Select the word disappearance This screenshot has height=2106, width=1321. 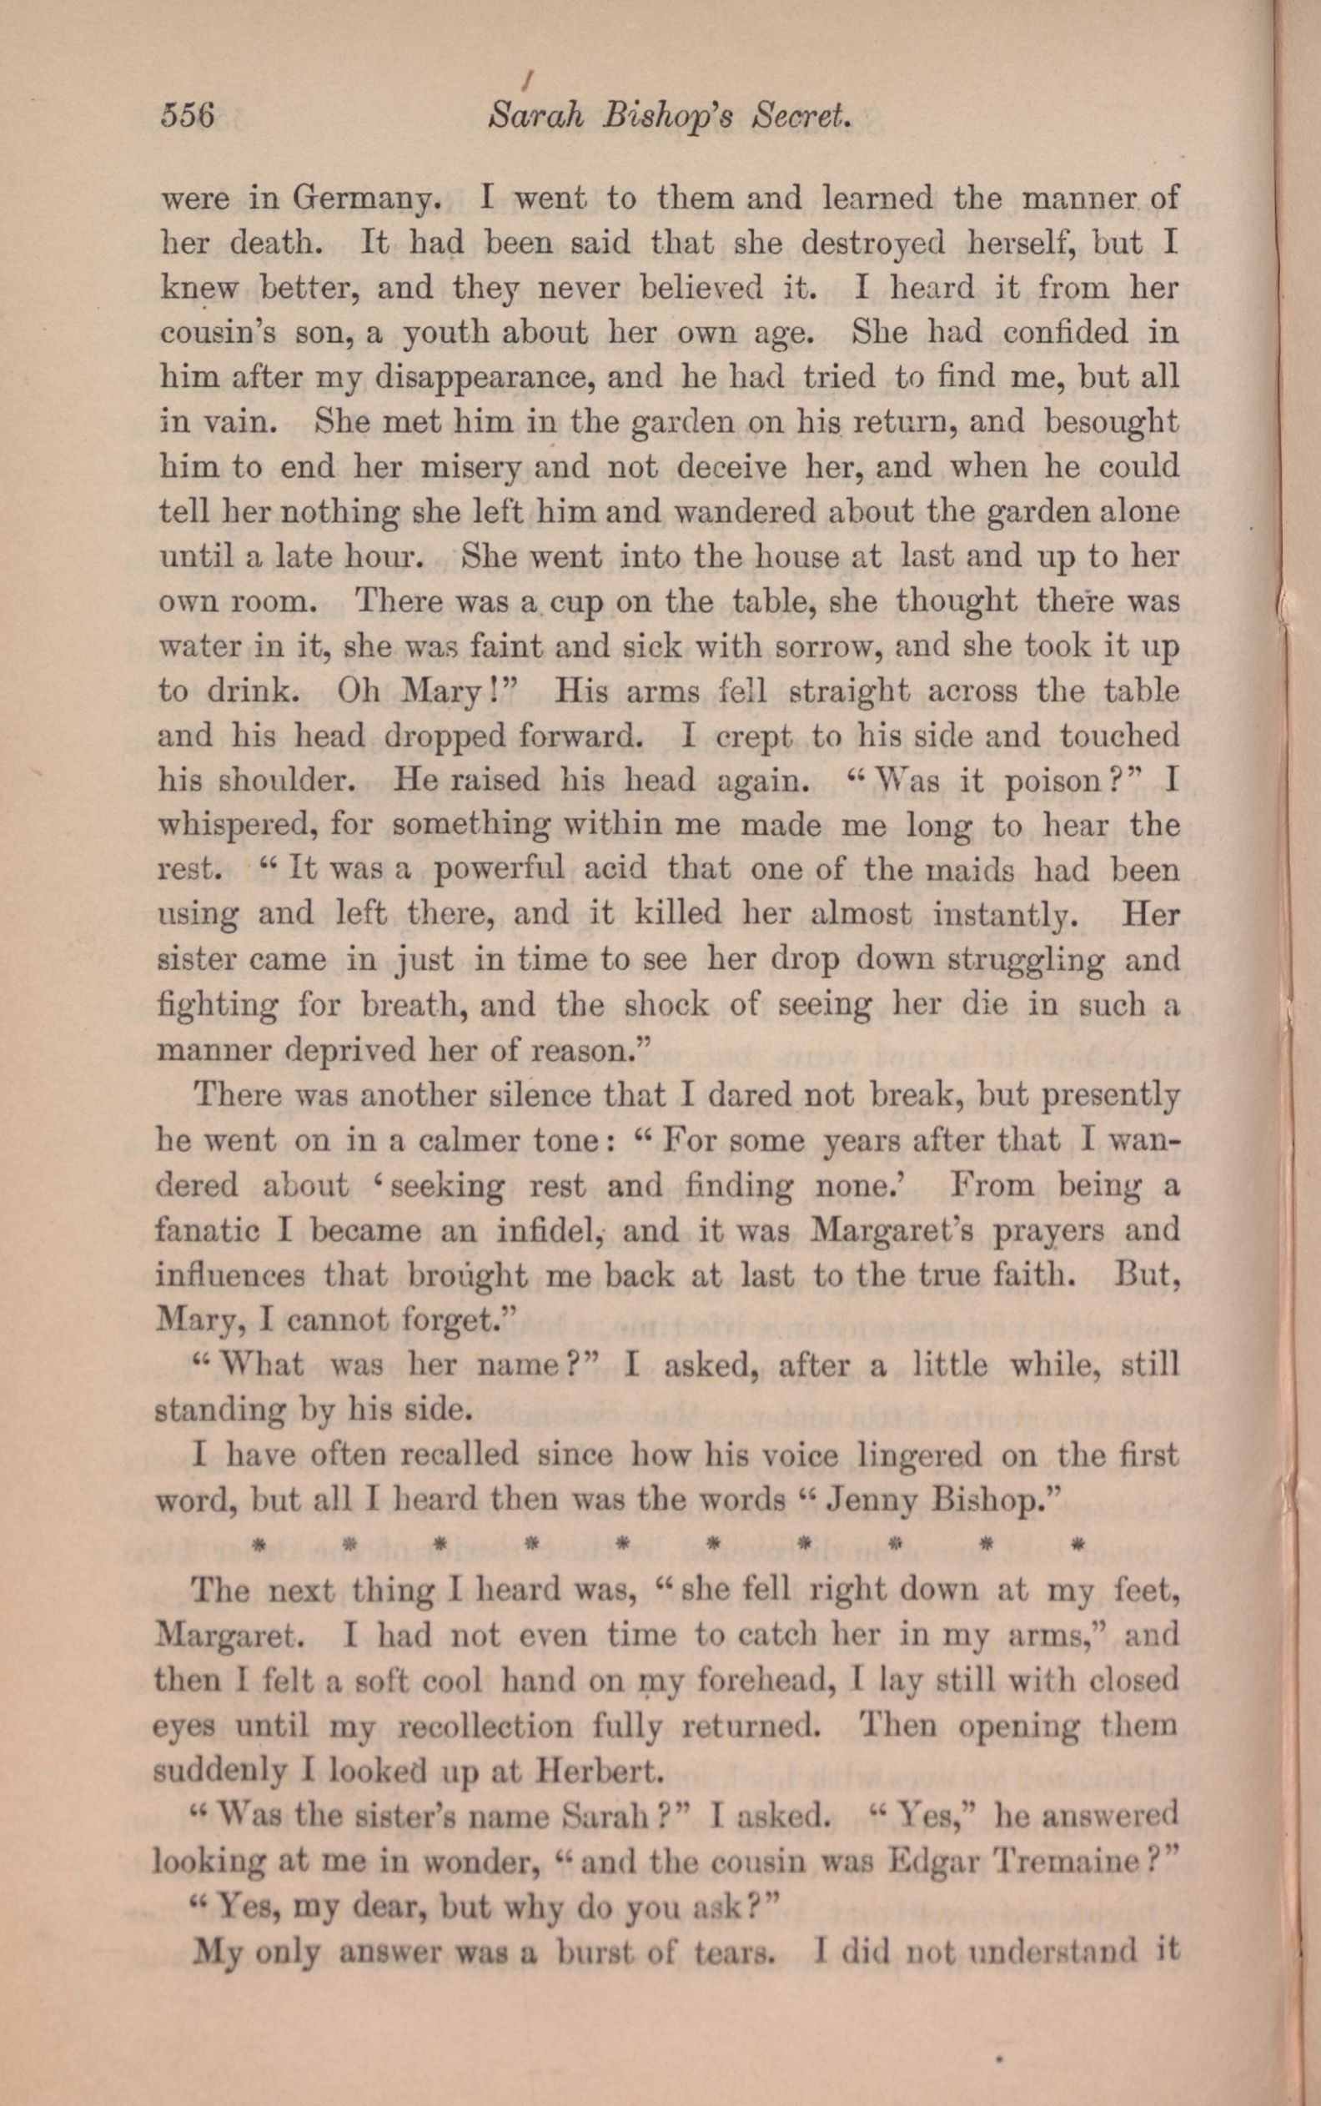(x=482, y=378)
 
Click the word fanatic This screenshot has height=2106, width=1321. (x=206, y=1231)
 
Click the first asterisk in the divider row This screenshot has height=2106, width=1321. (x=258, y=1546)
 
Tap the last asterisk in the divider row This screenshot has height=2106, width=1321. (x=1077, y=1546)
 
